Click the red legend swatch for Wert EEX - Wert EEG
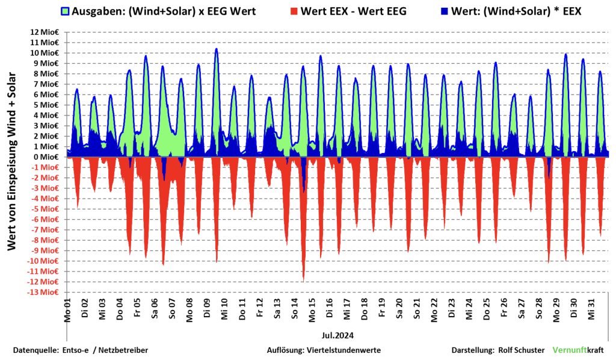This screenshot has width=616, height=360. pyautogui.click(x=294, y=11)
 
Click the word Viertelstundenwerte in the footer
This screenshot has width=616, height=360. pyautogui.click(x=343, y=350)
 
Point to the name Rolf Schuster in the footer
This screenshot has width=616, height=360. pyautogui.click(x=523, y=350)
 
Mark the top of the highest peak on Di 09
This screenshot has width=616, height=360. pyautogui.click(x=216, y=49)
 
